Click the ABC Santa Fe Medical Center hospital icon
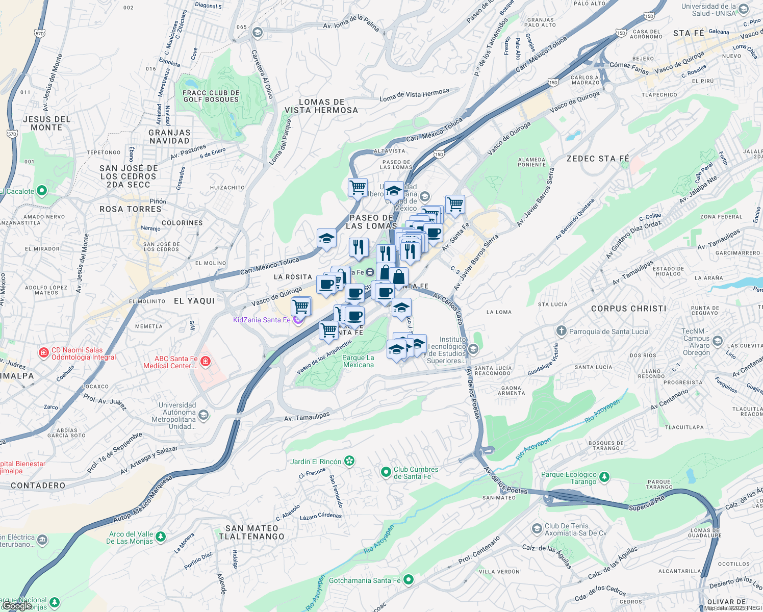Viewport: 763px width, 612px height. (x=206, y=362)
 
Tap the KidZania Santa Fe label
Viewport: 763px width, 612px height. (x=262, y=320)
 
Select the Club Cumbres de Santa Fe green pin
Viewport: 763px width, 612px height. (x=386, y=472)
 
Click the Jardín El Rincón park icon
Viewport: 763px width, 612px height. (x=349, y=462)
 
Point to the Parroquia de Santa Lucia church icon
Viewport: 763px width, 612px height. (x=562, y=331)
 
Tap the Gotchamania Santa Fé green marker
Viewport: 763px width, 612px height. (x=409, y=580)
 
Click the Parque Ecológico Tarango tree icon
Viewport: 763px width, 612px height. (x=604, y=477)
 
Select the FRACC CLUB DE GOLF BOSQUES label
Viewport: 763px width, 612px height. (x=211, y=96)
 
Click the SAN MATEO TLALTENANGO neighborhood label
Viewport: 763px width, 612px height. (x=251, y=532)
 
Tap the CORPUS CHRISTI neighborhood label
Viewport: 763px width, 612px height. (x=628, y=309)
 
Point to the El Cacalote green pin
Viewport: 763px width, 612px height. (x=42, y=191)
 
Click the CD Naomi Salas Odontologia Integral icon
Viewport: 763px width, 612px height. (x=44, y=352)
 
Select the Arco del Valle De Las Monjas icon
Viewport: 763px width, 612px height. (x=161, y=537)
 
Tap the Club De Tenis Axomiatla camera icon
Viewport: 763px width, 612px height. (x=537, y=529)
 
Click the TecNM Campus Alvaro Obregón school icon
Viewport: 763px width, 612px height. (x=718, y=341)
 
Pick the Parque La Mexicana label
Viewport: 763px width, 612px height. (x=358, y=361)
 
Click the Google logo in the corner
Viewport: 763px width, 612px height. (x=17, y=605)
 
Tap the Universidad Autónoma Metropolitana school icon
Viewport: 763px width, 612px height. (x=204, y=415)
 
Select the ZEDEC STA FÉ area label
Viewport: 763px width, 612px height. (x=597, y=159)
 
